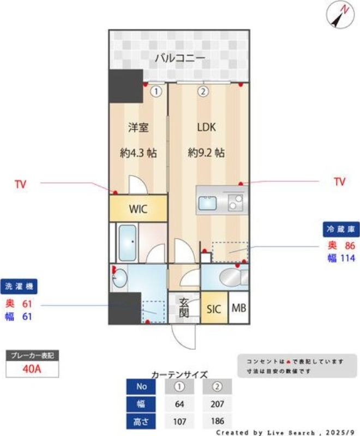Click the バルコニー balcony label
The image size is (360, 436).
(180, 58)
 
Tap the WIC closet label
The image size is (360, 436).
(138, 209)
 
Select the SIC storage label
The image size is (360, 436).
(214, 309)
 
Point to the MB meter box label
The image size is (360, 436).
(239, 308)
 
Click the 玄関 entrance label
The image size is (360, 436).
(184, 307)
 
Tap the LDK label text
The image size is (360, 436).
(206, 127)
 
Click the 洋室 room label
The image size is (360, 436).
(138, 128)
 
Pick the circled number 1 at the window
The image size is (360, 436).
(157, 92)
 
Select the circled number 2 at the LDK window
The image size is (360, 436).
(203, 91)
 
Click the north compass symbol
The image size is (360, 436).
(340, 16)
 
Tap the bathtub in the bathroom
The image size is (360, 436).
(128, 243)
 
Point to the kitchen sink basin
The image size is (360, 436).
(207, 203)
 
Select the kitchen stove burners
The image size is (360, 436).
(235, 202)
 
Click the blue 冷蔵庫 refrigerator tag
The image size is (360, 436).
(341, 229)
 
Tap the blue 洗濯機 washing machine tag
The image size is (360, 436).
(19, 287)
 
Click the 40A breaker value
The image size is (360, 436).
(32, 369)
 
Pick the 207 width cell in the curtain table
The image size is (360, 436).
(217, 403)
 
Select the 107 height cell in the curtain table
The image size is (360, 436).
(179, 421)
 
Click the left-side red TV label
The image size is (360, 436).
(21, 184)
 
